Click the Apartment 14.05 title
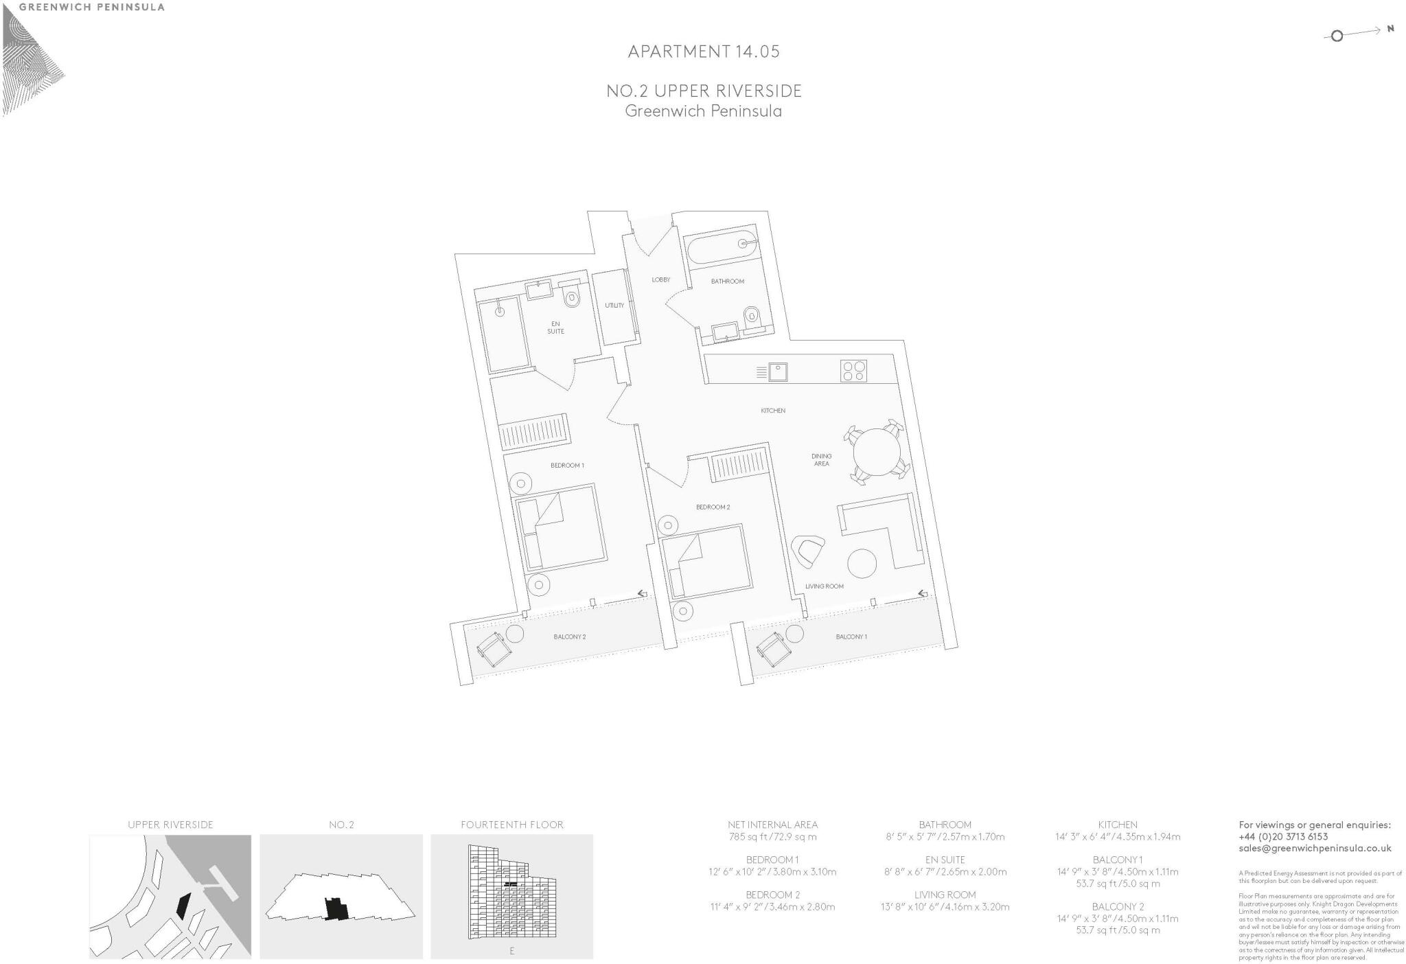point(703,51)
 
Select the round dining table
point(876,452)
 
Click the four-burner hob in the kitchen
point(853,371)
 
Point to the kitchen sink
point(778,372)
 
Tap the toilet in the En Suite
point(572,298)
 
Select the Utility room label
point(614,306)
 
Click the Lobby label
point(660,279)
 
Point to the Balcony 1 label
point(851,636)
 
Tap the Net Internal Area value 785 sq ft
point(772,837)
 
